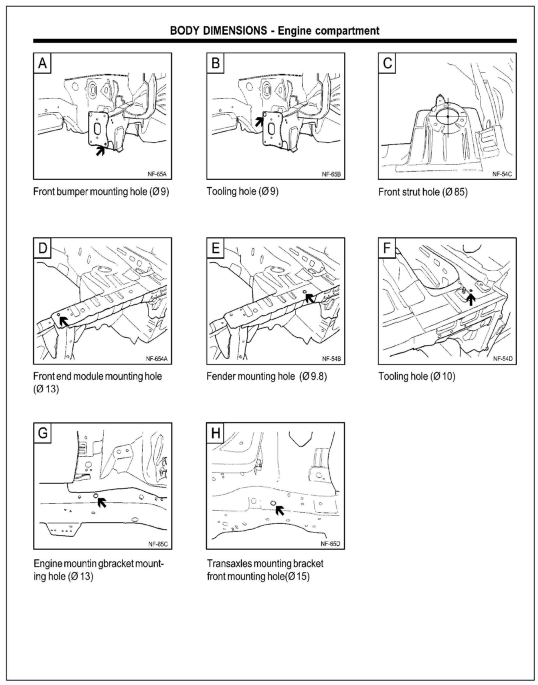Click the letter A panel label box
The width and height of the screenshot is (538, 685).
[42, 63]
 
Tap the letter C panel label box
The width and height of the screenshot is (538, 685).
[387, 63]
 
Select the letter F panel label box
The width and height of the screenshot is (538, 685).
[387, 248]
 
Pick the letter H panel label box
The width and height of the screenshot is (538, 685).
[215, 433]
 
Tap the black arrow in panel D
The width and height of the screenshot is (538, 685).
[64, 321]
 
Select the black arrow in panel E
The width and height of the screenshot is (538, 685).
[310, 298]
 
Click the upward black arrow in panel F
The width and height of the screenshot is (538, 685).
[471, 299]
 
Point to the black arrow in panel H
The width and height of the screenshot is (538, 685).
[279, 510]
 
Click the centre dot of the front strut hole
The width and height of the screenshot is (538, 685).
[448, 116]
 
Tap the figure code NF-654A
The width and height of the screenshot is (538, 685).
[156, 359]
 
